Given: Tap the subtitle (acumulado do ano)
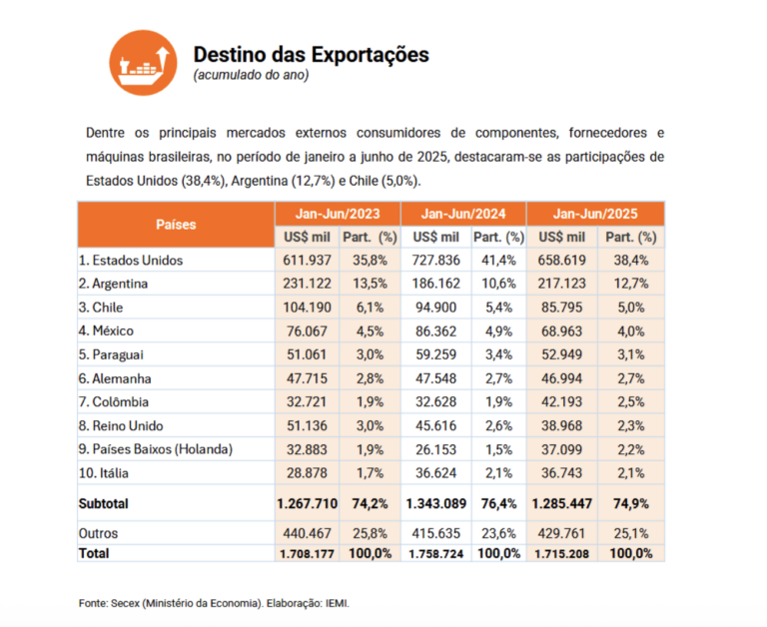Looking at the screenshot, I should (251, 75).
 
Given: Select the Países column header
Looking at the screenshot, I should (176, 225).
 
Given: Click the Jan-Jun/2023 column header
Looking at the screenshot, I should (338, 214).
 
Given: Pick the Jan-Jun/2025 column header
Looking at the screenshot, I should (594, 214).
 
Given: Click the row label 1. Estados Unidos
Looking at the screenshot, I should (130, 260).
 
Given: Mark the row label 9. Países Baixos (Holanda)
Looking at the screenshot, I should (156, 450).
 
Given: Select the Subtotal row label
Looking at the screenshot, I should (104, 505).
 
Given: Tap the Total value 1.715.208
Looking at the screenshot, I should (563, 553).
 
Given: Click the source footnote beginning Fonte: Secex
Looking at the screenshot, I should (214, 603).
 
